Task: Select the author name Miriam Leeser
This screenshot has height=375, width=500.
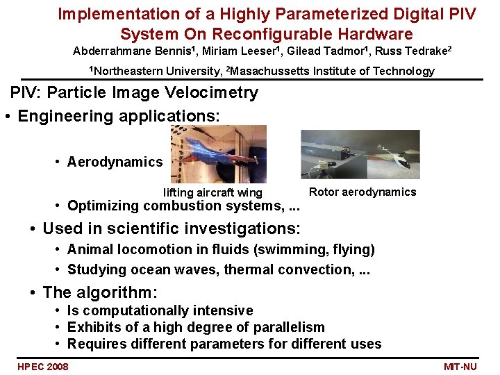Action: tap(239, 51)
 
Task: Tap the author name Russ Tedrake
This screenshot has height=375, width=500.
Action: tap(411, 51)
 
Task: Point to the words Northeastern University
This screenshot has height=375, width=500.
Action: tap(157, 71)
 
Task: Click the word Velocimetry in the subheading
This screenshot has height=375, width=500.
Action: tap(211, 93)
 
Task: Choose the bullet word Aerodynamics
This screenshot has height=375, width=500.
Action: tap(115, 162)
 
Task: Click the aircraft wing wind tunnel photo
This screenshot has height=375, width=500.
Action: tap(219, 154)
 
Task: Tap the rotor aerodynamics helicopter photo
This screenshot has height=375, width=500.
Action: tap(360, 154)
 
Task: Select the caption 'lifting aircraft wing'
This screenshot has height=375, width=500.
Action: tap(212, 192)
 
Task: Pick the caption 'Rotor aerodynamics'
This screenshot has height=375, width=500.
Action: tap(362, 192)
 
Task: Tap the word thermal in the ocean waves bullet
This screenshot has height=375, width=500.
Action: tap(249, 269)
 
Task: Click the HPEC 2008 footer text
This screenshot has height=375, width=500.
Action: tap(43, 367)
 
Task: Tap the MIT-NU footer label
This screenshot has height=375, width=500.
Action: tap(460, 367)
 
